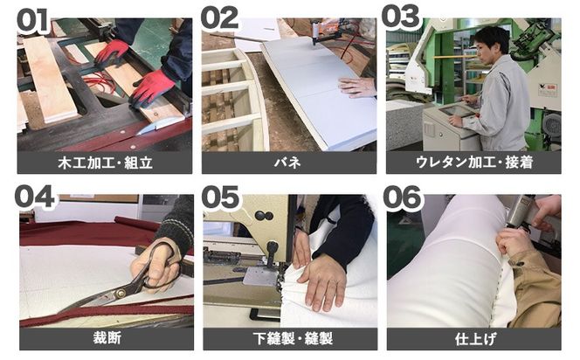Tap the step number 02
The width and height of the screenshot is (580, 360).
[x=221, y=19]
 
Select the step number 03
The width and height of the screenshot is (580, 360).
[x=407, y=19]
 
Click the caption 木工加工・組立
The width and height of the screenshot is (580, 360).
[x=104, y=162]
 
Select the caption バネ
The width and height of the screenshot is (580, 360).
[x=289, y=162]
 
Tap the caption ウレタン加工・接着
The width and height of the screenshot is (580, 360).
[x=474, y=162]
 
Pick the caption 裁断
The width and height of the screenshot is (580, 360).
[x=104, y=339]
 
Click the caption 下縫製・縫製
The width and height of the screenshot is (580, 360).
[x=289, y=339]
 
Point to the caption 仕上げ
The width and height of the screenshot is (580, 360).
[x=474, y=339]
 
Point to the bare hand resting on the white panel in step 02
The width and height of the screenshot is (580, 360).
[x=357, y=85]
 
